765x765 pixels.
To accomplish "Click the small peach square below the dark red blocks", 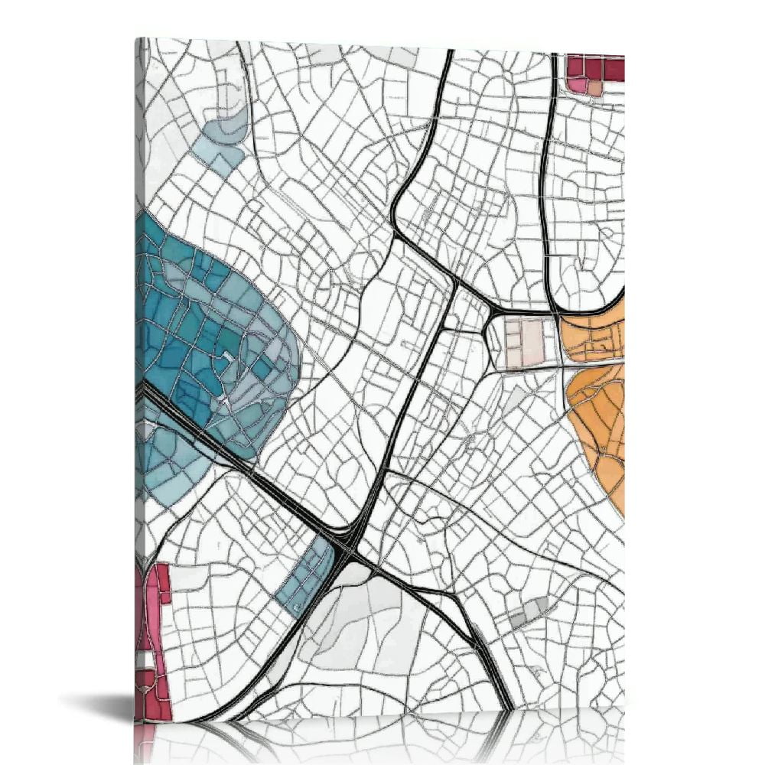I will (594, 88).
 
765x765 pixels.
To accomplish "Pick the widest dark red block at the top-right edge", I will (614, 69).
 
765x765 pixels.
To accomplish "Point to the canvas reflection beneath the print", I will (382, 738).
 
